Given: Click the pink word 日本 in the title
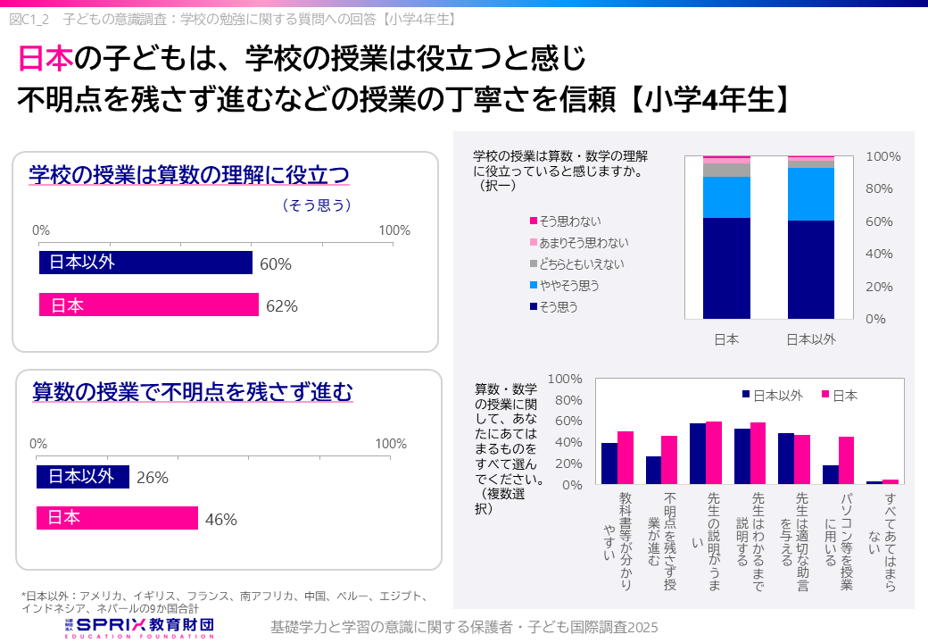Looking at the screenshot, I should tap(46, 60).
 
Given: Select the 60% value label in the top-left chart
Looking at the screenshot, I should tap(276, 263).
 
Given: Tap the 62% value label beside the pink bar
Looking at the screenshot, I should tap(281, 306).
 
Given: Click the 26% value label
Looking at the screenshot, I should tap(153, 478).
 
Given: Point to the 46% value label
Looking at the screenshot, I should tap(220, 519).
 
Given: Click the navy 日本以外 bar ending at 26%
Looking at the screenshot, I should tap(83, 477).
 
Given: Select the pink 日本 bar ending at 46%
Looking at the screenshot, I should tap(117, 518).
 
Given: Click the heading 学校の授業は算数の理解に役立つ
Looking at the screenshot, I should tap(188, 174).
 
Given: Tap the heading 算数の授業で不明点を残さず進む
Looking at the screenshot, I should tap(192, 391).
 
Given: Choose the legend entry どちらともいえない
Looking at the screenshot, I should tap(581, 263).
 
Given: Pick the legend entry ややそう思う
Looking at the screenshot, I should tap(568, 286).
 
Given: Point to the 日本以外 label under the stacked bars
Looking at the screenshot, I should tap(810, 339).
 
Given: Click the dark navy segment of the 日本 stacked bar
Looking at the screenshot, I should tap(726, 268).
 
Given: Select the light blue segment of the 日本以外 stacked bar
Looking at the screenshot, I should tap(810, 194).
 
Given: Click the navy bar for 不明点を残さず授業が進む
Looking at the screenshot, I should tap(654, 470).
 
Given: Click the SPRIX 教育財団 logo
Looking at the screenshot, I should tap(143, 626).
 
